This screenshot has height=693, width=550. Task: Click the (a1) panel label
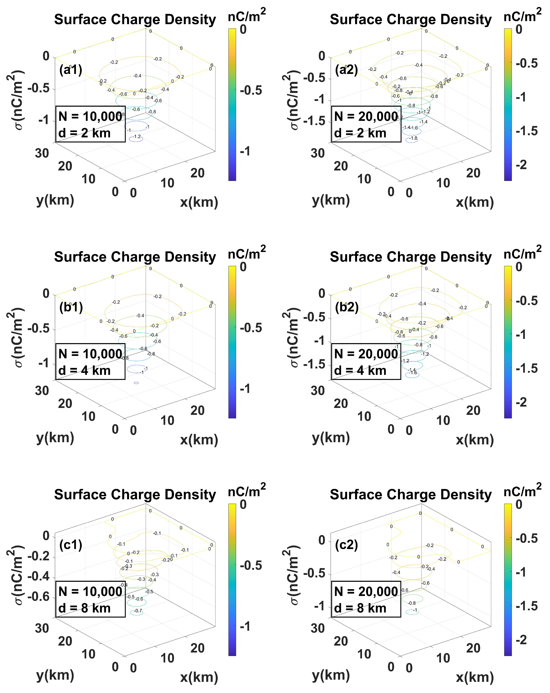coord(71,70)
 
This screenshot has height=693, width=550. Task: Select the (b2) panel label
coord(346,307)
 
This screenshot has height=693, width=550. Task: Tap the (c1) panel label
coord(71,545)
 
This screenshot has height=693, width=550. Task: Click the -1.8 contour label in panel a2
coord(413,138)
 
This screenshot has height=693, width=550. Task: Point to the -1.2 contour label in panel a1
coord(137,137)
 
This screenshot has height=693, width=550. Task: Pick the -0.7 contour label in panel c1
coord(138,611)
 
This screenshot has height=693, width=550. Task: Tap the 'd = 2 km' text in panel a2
coord(360,133)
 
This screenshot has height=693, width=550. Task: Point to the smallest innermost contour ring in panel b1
coord(136,383)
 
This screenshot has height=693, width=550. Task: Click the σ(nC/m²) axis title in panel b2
coord(293,338)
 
